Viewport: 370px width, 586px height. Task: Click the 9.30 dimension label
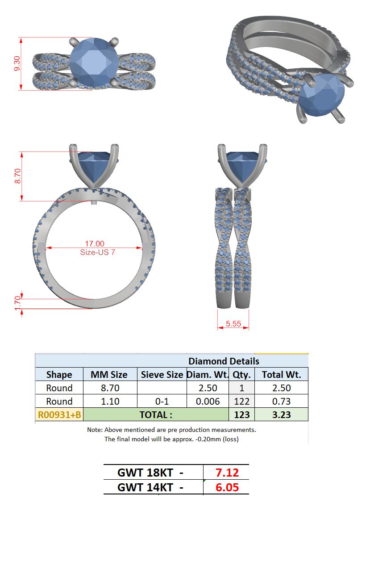[17, 63]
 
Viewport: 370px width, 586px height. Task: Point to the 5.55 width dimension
[233, 324]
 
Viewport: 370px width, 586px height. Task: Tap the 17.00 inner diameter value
[95, 243]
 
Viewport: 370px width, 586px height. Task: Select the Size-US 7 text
[98, 252]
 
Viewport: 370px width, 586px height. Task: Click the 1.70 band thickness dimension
[17, 303]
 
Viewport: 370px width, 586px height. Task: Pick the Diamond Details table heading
[224, 361]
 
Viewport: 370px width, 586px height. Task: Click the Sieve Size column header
[162, 375]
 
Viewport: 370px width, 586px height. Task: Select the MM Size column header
[109, 375]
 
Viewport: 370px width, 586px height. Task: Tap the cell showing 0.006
[208, 401]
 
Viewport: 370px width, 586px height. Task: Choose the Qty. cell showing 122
[242, 401]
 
